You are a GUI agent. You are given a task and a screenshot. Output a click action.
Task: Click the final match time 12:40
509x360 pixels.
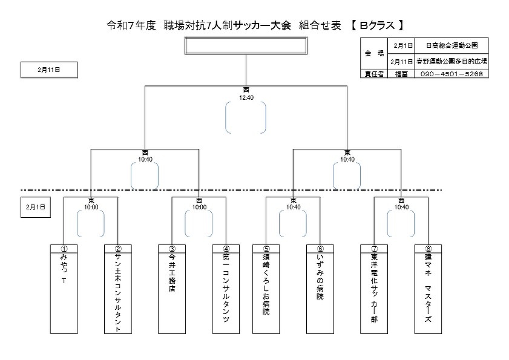(246, 96)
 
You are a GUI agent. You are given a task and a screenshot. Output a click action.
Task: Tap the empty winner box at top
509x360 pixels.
(246, 46)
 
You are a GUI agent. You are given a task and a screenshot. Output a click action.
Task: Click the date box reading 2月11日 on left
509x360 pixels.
(48, 70)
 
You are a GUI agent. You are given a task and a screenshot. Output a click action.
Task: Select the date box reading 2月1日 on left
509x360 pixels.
(35, 206)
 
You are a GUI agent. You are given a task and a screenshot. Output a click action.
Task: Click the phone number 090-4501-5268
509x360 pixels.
(450, 74)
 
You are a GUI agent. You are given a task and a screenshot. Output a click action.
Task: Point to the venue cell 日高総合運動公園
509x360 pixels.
(452, 45)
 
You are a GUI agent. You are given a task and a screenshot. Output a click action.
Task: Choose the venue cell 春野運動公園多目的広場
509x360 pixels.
(452, 61)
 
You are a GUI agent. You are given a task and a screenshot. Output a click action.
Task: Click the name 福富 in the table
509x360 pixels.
(402, 74)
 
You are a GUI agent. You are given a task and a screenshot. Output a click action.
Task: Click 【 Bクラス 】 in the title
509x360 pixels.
(377, 25)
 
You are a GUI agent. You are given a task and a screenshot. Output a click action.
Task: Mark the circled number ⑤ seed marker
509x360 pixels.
(266, 248)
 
